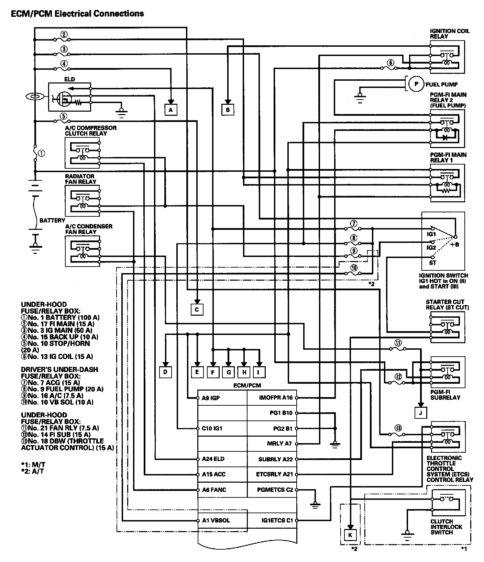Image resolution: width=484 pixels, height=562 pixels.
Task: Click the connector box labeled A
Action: (171, 110)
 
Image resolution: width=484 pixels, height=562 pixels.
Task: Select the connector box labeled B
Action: (228, 110)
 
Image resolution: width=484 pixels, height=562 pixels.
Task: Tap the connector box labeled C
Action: (197, 310)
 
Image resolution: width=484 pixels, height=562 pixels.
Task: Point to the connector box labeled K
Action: (350, 535)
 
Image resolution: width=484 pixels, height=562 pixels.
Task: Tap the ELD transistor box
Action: (69, 97)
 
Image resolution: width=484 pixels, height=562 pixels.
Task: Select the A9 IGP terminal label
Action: (211, 398)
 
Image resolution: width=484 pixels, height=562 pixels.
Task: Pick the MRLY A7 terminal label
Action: (279, 443)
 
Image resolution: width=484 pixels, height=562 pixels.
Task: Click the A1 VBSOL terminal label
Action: (216, 520)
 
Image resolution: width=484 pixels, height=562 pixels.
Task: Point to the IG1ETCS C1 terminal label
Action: (277, 520)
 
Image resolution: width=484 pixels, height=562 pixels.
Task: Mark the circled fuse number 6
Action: (390, 63)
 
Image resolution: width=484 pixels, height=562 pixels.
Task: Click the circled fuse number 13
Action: (398, 428)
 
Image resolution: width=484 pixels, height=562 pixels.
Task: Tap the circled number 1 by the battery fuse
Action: (42, 153)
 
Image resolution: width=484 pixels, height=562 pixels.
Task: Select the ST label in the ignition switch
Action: (432, 263)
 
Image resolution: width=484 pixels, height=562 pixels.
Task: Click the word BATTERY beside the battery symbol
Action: (52, 220)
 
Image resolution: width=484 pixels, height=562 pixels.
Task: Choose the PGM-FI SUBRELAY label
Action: (445, 395)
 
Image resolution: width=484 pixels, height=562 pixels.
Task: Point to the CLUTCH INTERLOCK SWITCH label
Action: (446, 527)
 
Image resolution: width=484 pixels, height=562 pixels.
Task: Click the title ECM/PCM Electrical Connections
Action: (77, 14)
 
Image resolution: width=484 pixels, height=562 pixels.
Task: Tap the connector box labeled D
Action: (165, 372)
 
